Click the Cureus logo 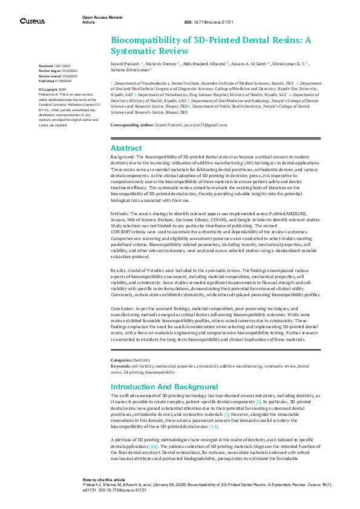point(32,21)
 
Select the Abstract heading point(126,148)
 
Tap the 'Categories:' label point(121,360)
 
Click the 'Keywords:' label point(120,366)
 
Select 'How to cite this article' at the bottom point(104,478)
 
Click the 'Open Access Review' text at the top point(99,18)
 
